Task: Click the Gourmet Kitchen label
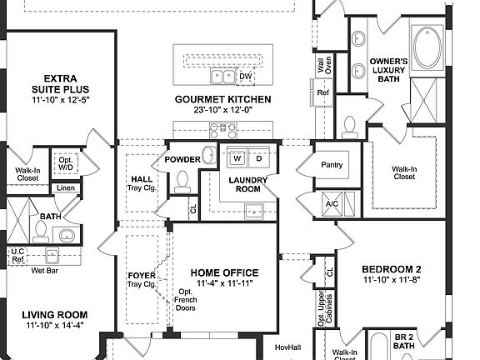(x=222, y=99)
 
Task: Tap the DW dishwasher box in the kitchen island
(x=245, y=77)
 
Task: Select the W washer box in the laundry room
(x=237, y=157)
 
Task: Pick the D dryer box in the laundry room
(x=258, y=157)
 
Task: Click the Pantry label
(x=332, y=166)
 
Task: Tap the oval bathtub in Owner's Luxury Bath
(x=431, y=47)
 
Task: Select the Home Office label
(x=224, y=272)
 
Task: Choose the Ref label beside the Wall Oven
(x=322, y=92)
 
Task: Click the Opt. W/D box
(x=64, y=163)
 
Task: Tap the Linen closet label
(x=66, y=188)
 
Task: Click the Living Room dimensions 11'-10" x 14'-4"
(x=54, y=327)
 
